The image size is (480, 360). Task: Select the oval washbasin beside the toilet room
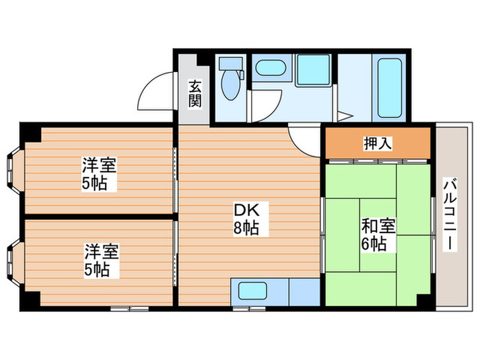(x=269, y=69)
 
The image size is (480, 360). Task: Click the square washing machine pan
(x=314, y=69)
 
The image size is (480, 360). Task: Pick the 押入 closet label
(x=377, y=144)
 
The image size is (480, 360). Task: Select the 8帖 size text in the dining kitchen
(x=246, y=228)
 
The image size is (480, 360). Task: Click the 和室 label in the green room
(x=374, y=226)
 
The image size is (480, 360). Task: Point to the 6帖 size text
(x=373, y=243)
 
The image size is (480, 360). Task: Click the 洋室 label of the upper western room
(x=99, y=165)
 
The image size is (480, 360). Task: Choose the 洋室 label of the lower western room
(x=101, y=251)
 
